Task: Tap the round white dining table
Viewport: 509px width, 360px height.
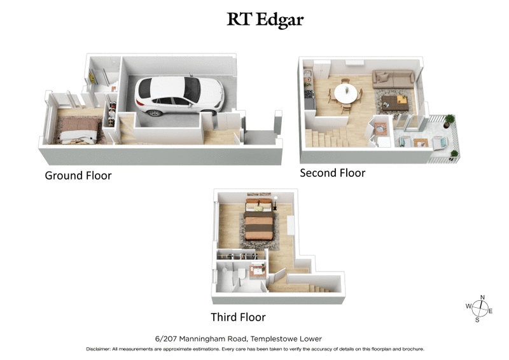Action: click(x=346, y=94)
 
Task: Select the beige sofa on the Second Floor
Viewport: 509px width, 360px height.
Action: click(x=392, y=79)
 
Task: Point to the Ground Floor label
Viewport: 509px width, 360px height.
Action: click(x=78, y=176)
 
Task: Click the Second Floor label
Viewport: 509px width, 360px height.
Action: click(x=332, y=172)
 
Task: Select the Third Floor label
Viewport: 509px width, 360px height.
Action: click(x=238, y=317)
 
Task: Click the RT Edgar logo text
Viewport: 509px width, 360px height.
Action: click(x=265, y=20)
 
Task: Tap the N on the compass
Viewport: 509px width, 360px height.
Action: click(x=482, y=298)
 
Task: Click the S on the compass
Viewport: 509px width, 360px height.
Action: click(x=477, y=319)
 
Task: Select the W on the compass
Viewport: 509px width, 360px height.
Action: click(x=469, y=306)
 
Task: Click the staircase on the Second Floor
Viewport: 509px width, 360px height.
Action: click(x=328, y=137)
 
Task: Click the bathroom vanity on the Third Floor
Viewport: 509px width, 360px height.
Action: click(x=256, y=270)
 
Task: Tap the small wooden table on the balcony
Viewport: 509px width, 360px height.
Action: click(x=420, y=142)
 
